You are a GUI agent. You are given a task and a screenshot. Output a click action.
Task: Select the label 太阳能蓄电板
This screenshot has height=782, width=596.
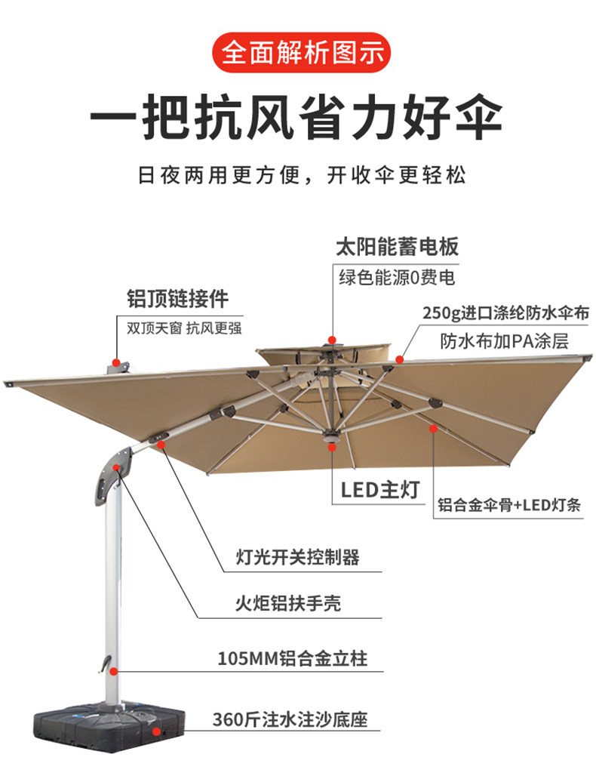click(397, 247)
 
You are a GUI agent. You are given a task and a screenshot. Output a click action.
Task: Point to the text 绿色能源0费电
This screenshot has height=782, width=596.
click(397, 277)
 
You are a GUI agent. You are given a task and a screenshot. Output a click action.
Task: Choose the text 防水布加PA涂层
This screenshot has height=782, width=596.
click(504, 341)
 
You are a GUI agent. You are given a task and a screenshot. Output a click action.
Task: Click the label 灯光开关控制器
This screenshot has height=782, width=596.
click(297, 558)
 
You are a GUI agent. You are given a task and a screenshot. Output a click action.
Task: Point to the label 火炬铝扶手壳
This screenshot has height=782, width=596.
click(287, 604)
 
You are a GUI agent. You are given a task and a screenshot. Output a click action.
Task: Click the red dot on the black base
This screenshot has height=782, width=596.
click(156, 731)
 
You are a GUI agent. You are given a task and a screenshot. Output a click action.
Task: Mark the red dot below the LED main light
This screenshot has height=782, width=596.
click(332, 448)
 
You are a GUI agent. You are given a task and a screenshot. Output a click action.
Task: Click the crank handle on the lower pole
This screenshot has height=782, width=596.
click(99, 663)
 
